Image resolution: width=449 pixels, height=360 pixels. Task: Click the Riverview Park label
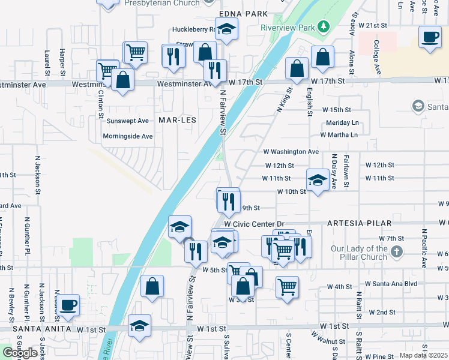(x=288, y=28)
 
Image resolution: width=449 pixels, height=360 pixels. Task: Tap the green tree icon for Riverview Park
(x=324, y=26)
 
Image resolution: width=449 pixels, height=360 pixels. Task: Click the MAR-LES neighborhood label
(x=177, y=120)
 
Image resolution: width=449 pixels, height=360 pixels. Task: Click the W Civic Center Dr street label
(x=253, y=224)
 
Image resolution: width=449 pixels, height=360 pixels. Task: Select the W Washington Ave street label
(x=291, y=152)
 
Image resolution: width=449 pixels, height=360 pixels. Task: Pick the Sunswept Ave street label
(x=127, y=121)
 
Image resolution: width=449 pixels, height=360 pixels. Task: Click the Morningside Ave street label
(x=128, y=136)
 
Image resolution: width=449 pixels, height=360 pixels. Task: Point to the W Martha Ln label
(x=339, y=134)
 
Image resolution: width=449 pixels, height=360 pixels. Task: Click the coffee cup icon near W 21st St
(x=430, y=37)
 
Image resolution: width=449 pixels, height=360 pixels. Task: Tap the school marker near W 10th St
(x=318, y=178)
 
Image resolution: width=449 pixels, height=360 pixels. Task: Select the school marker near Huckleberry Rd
(x=227, y=29)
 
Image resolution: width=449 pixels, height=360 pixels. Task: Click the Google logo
(x=20, y=353)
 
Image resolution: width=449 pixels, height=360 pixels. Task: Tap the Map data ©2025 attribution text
(x=423, y=355)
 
